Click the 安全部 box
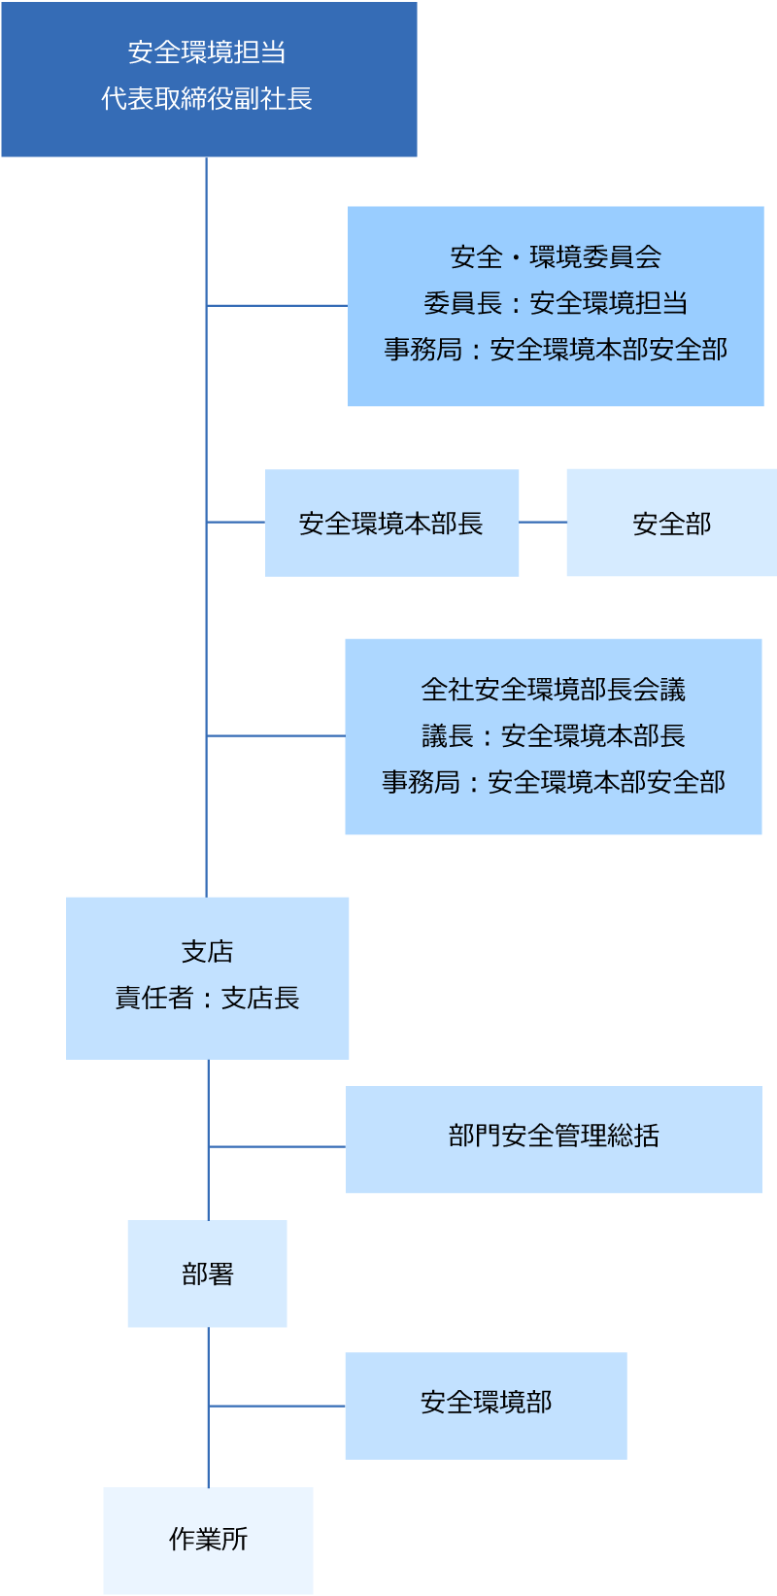pos(672,524)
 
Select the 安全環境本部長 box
pos(391,524)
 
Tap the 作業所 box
pos(208,1540)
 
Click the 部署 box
pos(207,1273)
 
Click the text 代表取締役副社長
pos(207,99)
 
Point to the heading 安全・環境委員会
pos(556,257)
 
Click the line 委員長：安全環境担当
pos(556,303)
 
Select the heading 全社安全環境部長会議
pos(554,690)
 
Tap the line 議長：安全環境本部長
pos(554,736)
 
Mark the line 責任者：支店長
pos(207,998)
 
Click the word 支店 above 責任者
pos(207,952)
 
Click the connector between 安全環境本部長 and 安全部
pos(543,523)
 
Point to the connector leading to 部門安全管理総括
pos(277,1147)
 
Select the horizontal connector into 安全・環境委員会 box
pos(277,306)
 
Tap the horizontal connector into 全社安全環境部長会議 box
pos(276,736)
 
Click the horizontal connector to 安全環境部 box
pos(277,1406)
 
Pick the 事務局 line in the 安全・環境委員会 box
pos(556,350)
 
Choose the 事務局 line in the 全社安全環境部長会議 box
pos(554,782)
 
